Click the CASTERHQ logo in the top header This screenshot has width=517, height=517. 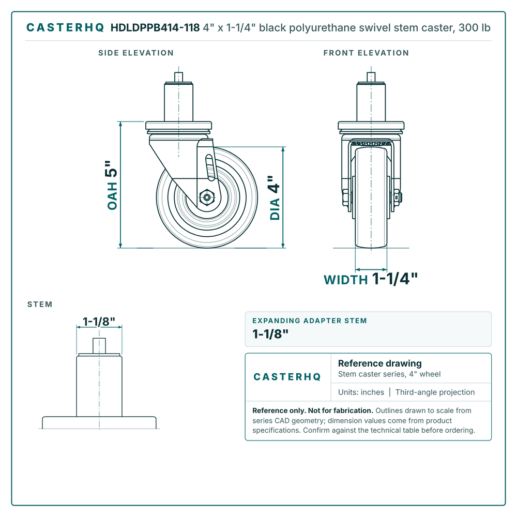[x=65, y=28]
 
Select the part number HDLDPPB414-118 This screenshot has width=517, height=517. [x=155, y=28]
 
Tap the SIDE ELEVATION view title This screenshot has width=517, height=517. [x=136, y=53]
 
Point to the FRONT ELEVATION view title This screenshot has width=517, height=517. [x=366, y=53]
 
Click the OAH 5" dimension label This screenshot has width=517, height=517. [x=112, y=185]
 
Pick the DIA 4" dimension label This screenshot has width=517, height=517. [x=275, y=197]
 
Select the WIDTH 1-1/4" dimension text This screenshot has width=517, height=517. [x=371, y=279]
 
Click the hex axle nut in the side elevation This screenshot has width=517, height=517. [x=207, y=197]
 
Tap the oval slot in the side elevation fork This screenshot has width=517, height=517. [x=210, y=168]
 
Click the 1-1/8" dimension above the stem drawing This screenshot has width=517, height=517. [x=99, y=322]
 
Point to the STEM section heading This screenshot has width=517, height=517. [x=40, y=305]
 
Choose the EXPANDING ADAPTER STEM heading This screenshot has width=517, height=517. [x=310, y=321]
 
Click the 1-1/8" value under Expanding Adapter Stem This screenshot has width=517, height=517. [x=270, y=334]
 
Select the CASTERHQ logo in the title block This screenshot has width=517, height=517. [x=287, y=377]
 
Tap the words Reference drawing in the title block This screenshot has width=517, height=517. [x=380, y=363]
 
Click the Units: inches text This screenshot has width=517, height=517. [x=361, y=392]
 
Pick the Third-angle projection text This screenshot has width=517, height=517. [x=435, y=392]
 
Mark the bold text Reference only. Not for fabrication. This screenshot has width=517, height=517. [x=313, y=410]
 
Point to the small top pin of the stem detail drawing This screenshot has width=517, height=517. [x=99, y=345]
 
